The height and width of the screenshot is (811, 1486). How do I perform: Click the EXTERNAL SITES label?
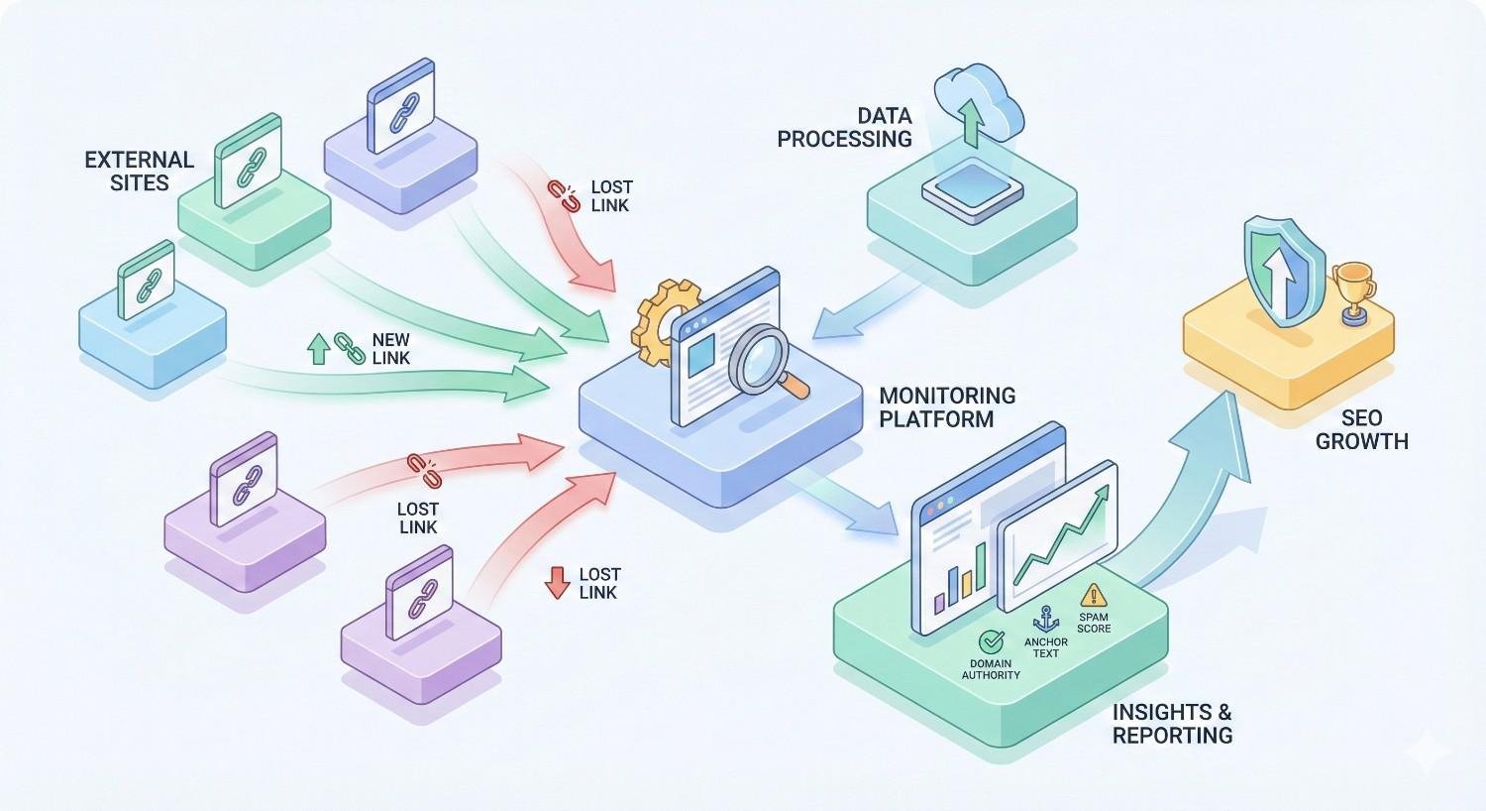[139, 171]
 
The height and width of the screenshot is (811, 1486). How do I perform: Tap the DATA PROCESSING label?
[844, 128]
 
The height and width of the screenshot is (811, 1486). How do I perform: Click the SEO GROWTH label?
[1361, 429]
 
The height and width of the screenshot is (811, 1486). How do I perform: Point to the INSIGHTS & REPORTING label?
[1172, 723]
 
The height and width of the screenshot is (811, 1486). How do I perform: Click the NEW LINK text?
[390, 349]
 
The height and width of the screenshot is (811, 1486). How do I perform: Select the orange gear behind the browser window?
[653, 319]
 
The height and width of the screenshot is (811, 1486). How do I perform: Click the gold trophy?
[1352, 289]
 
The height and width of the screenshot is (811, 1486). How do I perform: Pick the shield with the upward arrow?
[1284, 271]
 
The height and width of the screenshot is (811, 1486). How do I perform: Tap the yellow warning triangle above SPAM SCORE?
[1094, 595]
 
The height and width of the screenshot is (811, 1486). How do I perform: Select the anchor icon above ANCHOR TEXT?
[1046, 620]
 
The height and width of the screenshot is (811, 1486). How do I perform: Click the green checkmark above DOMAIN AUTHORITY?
[991, 642]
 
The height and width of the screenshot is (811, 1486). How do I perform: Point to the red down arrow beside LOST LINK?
[557, 583]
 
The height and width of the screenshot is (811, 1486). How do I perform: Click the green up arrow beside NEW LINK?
[319, 349]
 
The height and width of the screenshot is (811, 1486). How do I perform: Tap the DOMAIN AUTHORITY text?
[991, 669]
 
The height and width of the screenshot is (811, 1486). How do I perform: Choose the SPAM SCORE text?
[1094, 623]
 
